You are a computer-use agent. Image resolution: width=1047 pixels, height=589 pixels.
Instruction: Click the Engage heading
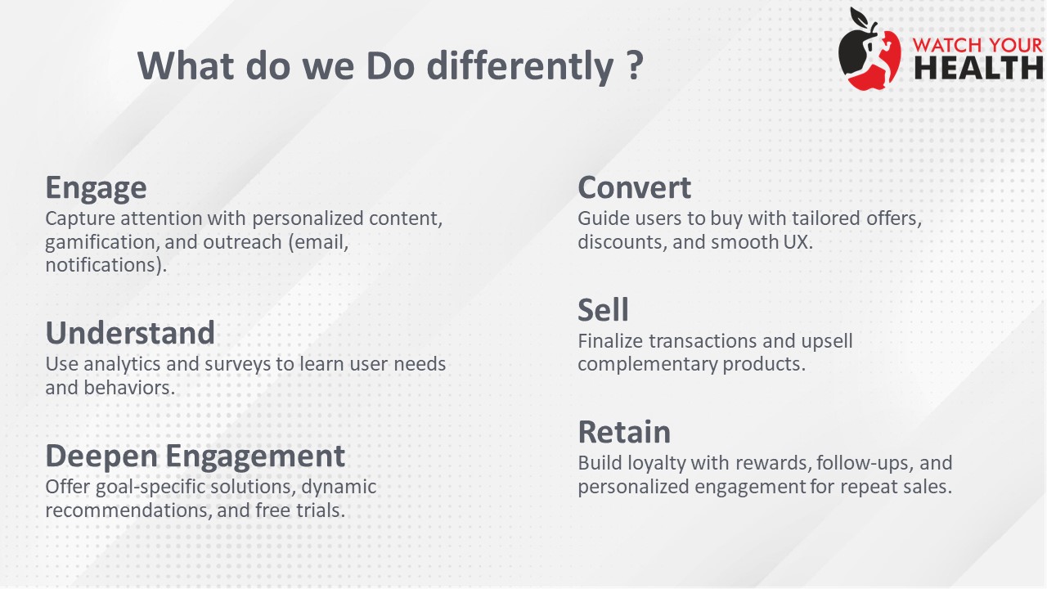point(96,189)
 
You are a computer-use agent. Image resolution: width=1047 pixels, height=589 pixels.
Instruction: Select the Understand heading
point(130,332)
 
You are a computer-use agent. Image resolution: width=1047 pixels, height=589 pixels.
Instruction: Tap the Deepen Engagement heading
point(195,456)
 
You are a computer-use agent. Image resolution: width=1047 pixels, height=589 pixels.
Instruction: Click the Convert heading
point(634,187)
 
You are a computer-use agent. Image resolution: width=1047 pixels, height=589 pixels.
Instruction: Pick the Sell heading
point(603,309)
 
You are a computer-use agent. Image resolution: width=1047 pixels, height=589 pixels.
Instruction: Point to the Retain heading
point(624,432)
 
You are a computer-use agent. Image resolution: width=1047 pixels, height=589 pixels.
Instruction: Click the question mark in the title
point(634,65)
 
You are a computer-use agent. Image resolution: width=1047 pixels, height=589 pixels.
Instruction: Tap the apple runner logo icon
point(870,49)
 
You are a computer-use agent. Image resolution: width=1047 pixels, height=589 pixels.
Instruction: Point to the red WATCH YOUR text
point(977,45)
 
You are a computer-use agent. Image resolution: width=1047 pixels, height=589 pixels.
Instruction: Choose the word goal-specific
point(150,487)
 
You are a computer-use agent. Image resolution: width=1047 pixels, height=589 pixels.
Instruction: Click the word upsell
point(827,342)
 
